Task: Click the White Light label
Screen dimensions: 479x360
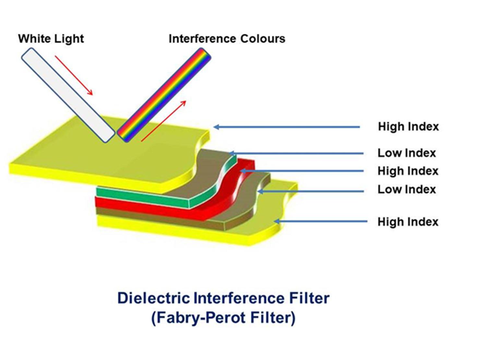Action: point(51,39)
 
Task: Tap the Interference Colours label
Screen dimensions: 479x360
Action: point(227,39)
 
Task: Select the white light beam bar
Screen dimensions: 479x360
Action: point(68,95)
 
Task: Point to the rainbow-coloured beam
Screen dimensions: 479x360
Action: point(164,95)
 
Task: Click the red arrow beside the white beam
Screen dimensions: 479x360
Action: point(74,75)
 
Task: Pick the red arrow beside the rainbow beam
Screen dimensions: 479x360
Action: point(163,121)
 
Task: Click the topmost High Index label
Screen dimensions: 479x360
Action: point(408,127)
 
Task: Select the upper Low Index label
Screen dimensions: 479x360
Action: point(407,153)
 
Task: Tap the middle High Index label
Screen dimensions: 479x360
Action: point(408,171)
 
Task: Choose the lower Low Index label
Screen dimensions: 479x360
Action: point(407,189)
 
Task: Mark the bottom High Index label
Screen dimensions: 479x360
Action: point(408,222)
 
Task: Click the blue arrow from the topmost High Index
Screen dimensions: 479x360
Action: point(287,127)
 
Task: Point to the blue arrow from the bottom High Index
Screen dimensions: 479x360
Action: point(320,221)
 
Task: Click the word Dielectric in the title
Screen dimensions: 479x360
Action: point(153,298)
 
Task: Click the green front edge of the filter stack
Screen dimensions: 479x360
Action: point(143,195)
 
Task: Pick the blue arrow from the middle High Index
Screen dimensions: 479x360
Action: point(302,171)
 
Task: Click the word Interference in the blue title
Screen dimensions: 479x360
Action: point(239,298)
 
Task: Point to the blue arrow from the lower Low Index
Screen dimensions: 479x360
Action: point(311,192)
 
